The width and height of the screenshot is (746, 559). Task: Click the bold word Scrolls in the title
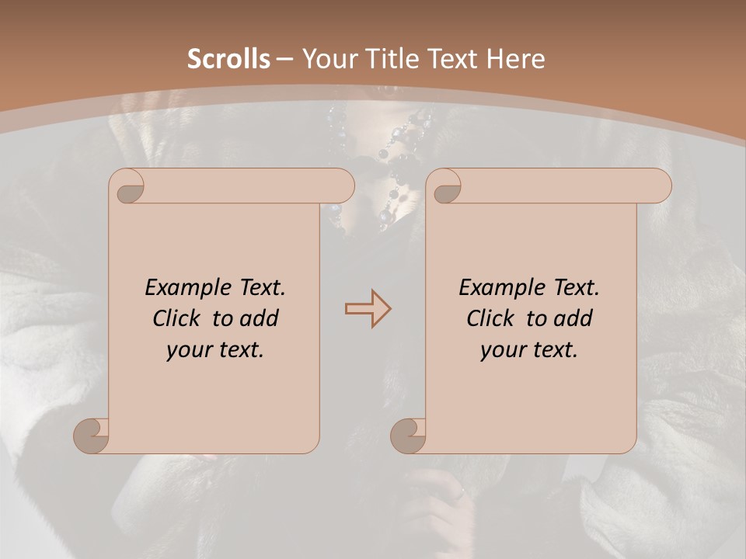tap(228, 59)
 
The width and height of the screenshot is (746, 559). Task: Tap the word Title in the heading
tap(391, 59)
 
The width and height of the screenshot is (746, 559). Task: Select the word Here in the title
tap(514, 59)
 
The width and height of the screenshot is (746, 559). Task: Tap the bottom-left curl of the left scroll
tap(92, 436)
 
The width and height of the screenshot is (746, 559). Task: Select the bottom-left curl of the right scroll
tap(408, 436)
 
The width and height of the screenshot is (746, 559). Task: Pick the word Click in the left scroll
tap(180, 318)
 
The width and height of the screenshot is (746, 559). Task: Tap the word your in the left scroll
tap(190, 350)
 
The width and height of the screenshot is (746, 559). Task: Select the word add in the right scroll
tap(573, 318)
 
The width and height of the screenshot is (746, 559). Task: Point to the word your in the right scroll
tap(504, 350)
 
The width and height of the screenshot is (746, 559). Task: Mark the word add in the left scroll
tap(259, 318)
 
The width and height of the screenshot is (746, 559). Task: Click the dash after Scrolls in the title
tap(284, 59)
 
